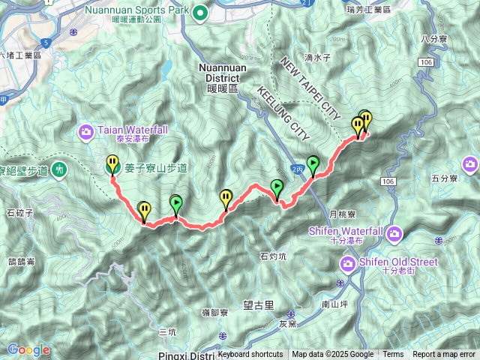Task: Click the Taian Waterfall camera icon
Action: pos(86,133)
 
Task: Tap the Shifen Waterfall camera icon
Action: pos(394,236)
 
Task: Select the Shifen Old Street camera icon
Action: pos(348,263)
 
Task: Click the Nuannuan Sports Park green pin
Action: pos(200,12)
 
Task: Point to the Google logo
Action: pos(28,349)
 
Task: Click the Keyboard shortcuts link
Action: pos(250,355)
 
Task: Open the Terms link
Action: pos(393,355)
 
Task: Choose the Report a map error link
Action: pos(444,355)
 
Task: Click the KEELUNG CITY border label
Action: pos(283,113)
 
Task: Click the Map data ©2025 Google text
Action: pos(332,355)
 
